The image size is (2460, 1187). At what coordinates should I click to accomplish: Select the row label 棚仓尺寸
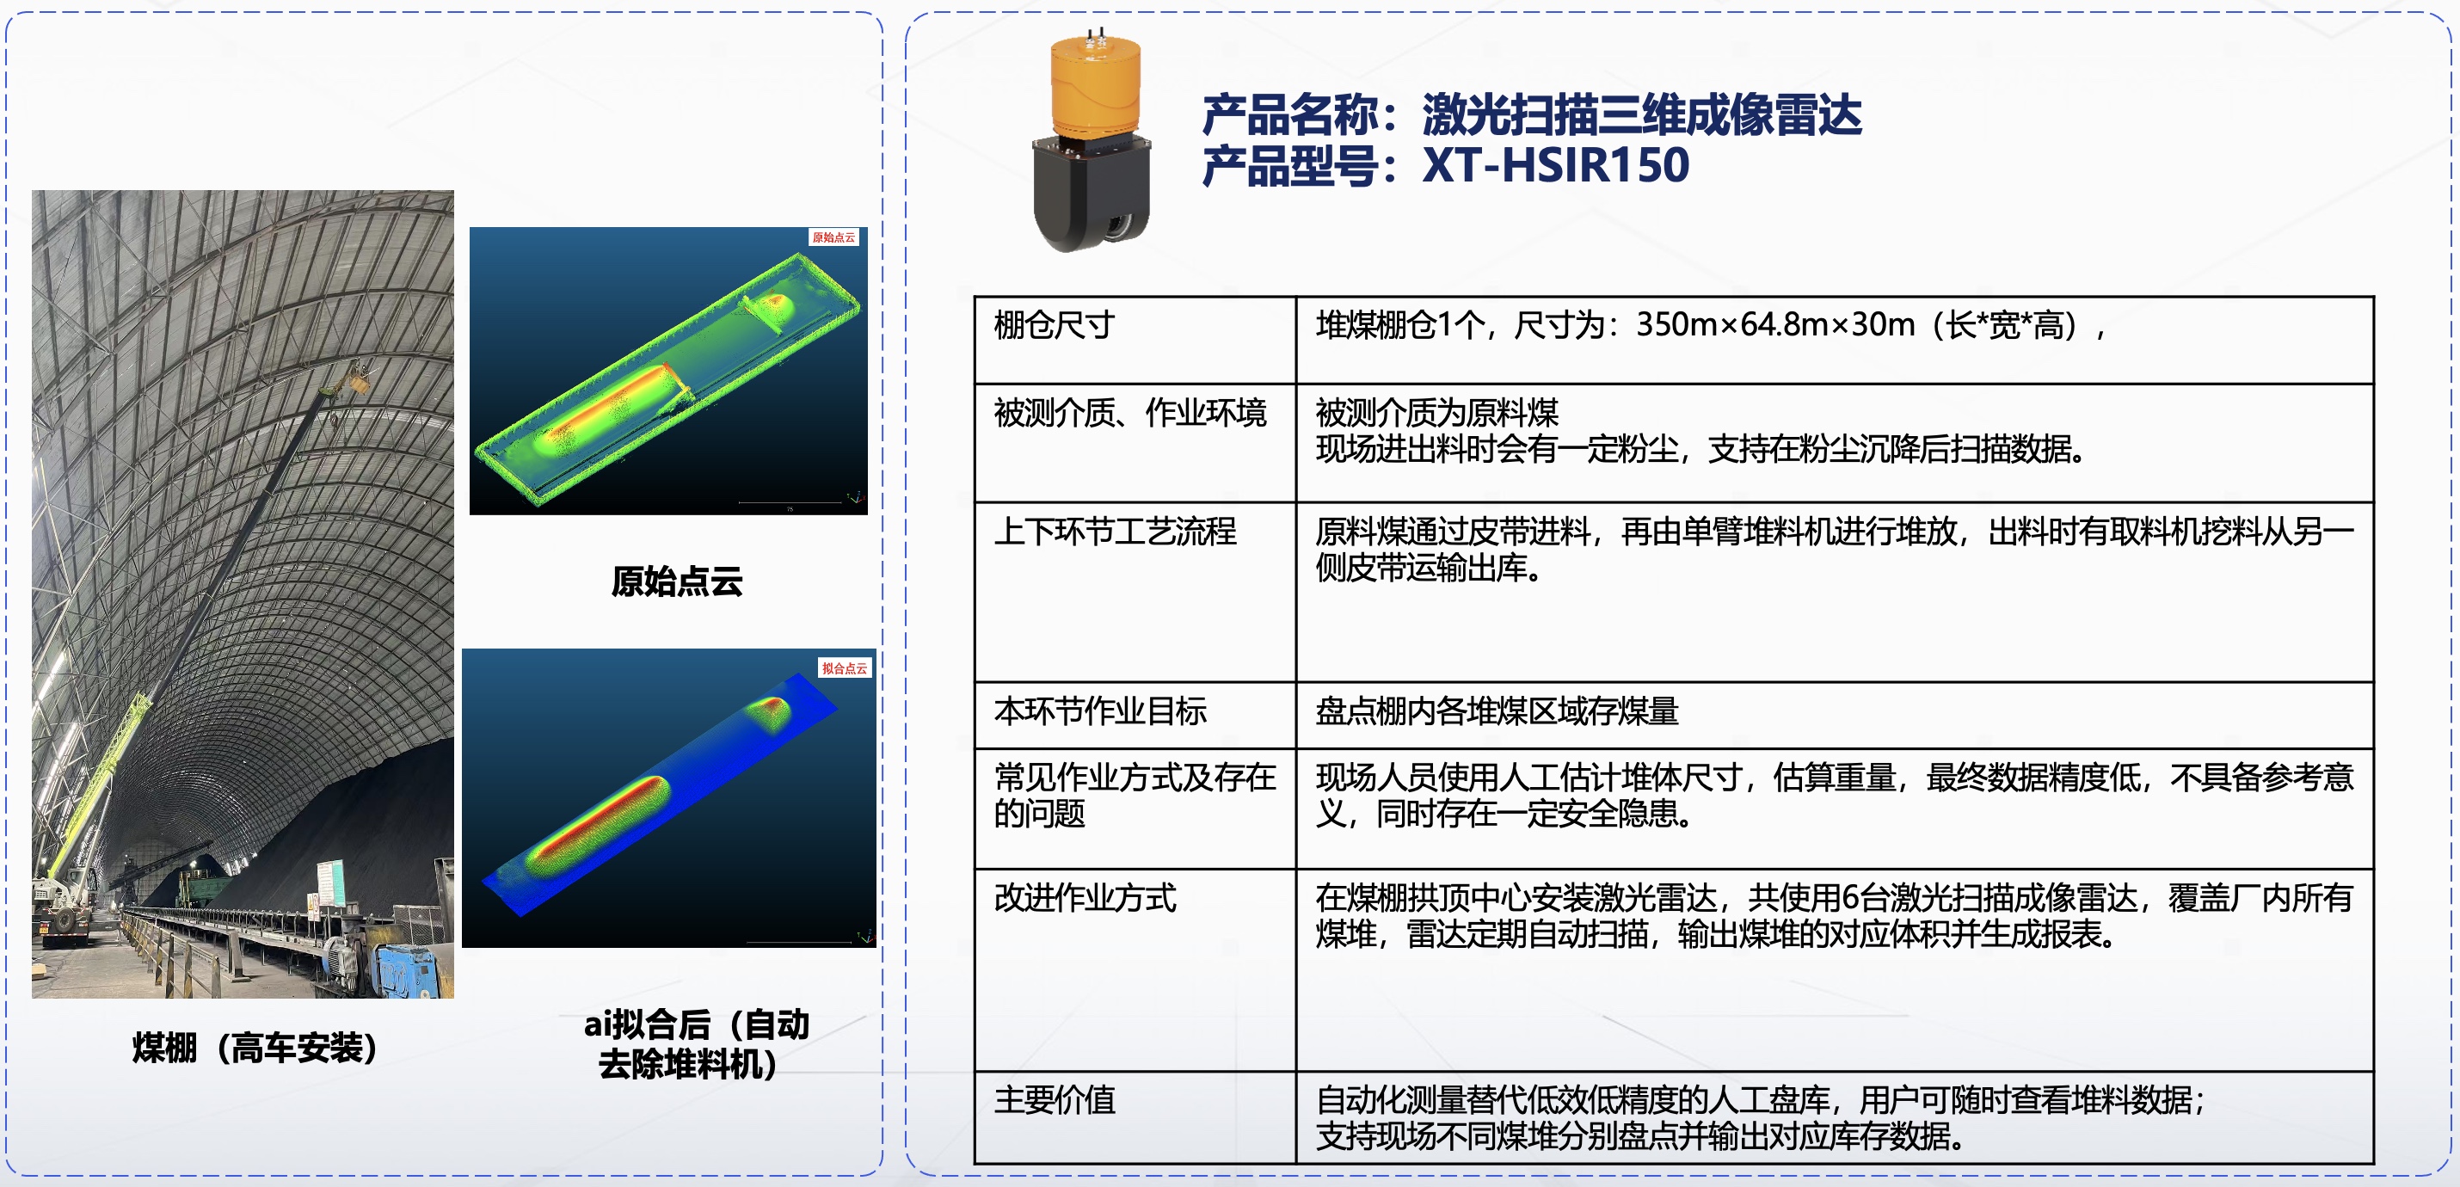1054,326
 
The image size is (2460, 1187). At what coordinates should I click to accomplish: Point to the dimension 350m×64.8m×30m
1775,326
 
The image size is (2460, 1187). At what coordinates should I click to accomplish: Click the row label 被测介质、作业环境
1129,413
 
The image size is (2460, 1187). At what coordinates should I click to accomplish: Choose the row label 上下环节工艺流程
1115,531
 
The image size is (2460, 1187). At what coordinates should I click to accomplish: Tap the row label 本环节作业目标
1100,711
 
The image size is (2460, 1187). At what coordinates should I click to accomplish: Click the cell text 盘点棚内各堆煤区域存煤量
1497,711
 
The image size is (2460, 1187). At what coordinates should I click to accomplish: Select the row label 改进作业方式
1085,898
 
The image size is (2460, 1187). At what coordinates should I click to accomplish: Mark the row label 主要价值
1055,1100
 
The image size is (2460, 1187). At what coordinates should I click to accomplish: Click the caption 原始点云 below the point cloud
677,581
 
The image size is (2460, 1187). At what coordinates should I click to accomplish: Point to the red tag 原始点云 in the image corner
833,237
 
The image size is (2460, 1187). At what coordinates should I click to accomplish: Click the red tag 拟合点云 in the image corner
844,667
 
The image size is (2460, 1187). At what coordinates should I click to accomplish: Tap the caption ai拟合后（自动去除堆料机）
695,1043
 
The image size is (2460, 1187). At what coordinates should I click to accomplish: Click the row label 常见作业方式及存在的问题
1134,796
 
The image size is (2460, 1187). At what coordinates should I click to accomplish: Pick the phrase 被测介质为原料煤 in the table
1436,413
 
